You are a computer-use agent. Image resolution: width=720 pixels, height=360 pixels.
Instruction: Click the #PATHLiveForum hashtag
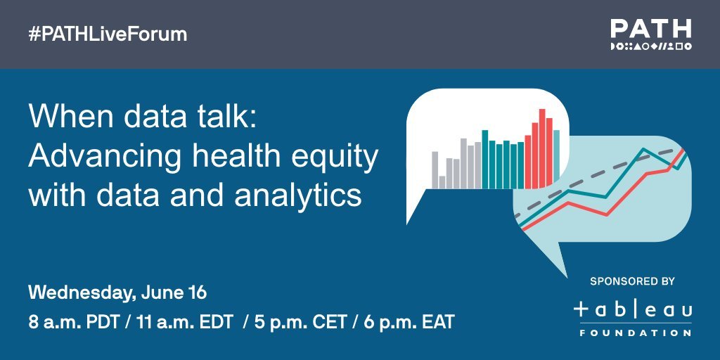[x=108, y=35]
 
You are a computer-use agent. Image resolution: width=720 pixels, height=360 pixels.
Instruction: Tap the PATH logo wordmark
[x=650, y=29]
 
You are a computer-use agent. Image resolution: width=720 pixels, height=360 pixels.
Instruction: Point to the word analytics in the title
[x=297, y=195]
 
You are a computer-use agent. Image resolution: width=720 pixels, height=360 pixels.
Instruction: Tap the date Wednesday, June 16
[x=117, y=293]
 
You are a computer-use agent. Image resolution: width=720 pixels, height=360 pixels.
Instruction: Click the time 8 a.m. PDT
[x=75, y=323]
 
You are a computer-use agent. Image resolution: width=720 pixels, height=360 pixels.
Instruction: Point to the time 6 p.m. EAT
[x=409, y=323]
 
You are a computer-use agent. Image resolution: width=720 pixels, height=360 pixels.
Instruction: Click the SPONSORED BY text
[x=632, y=281]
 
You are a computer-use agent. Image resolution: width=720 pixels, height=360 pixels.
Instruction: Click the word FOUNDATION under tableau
[x=636, y=333]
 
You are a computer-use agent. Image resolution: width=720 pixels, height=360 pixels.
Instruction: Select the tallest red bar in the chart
[x=542, y=148]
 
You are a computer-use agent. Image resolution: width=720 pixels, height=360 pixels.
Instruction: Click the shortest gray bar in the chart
[x=442, y=182]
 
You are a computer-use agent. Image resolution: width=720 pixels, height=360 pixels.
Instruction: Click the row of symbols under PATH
[x=650, y=46]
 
